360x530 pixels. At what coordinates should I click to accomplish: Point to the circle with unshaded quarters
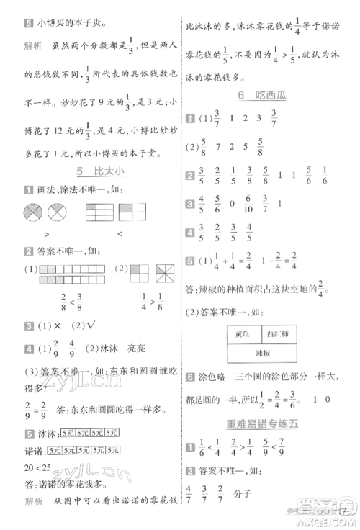[57, 212]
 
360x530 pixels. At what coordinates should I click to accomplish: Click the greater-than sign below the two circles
[46, 234]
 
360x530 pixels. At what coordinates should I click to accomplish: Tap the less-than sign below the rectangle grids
[121, 234]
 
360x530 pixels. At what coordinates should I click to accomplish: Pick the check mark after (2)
[93, 322]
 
